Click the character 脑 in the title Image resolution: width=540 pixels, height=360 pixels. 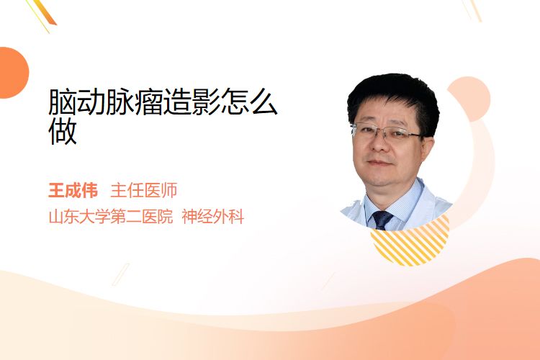click(63, 102)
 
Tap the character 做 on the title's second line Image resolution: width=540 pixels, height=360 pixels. click(63, 131)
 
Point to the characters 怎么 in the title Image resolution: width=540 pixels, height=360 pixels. click(249, 102)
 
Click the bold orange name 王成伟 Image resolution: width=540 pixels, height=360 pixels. click(73, 191)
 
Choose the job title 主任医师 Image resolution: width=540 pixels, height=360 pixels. click(143, 191)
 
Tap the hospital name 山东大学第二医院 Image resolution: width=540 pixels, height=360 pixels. click(111, 217)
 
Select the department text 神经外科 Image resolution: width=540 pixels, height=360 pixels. click(213, 217)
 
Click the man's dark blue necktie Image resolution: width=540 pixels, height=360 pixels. click(382, 220)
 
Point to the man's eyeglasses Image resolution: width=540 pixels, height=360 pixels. click(387, 132)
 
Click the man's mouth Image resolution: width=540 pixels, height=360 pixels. click(379, 163)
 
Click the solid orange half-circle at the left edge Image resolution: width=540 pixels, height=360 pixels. click(14, 73)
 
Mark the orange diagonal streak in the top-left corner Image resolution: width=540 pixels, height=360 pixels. click(42, 14)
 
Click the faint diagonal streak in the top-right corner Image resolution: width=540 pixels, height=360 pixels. click(472, 10)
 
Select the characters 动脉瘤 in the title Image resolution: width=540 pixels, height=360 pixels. click(120, 102)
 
